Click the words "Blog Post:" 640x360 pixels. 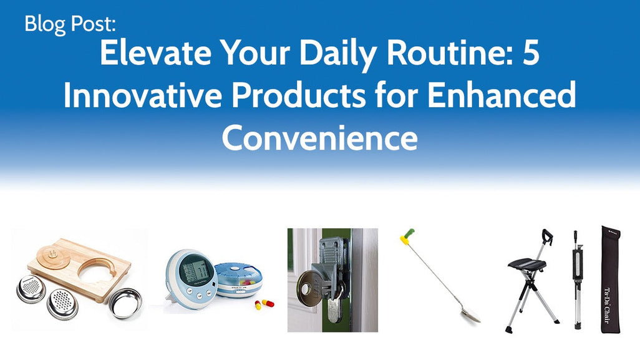(x=70, y=24)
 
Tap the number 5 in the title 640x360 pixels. (x=530, y=56)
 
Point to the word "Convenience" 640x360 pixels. (x=319, y=138)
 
